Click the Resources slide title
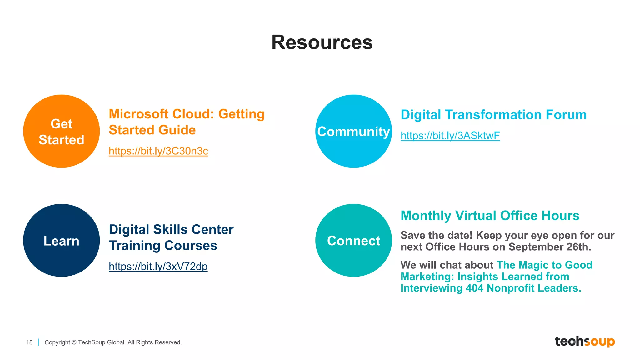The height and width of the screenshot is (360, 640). click(322, 42)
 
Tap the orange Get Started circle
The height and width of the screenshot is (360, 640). click(61, 131)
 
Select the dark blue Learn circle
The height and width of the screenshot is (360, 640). click(61, 240)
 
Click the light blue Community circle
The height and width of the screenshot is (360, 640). click(353, 131)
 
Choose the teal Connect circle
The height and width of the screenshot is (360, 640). click(353, 240)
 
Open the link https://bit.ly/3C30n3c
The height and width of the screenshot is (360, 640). click(158, 151)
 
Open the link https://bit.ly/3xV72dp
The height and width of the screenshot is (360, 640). click(158, 266)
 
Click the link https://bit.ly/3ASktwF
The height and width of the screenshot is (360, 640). click(450, 136)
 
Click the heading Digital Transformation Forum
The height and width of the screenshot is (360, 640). click(493, 115)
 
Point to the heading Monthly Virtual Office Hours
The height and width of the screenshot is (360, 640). click(490, 216)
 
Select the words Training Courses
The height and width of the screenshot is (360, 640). click(163, 246)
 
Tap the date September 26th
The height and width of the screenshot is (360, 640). click(550, 247)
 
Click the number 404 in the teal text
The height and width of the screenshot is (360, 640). click(474, 288)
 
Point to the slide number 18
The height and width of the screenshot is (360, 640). click(29, 342)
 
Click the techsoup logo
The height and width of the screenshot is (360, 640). click(584, 341)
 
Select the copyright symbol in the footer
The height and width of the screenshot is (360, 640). click(74, 342)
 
